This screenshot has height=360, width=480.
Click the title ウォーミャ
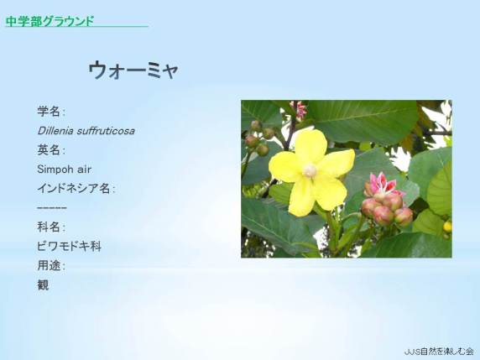pos(133,70)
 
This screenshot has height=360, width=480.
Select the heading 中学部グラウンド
pos(50,21)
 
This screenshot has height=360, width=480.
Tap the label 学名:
pos(51,111)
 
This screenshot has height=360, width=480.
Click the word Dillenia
pos(55,131)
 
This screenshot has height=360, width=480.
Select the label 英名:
pos(51,150)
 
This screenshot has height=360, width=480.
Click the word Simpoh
pos(55,170)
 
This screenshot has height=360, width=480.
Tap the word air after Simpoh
pos(84,170)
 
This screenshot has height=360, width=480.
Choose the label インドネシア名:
pos(76,189)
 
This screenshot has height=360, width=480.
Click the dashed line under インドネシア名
pos(52,208)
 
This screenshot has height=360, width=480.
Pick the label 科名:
pos(51,227)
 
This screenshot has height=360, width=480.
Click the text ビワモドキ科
pos(69,247)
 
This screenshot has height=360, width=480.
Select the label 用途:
pos(51,266)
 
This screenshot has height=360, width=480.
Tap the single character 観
pos(43,285)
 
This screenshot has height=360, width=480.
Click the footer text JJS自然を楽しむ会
pos(439,351)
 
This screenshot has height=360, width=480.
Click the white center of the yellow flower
pos(310,170)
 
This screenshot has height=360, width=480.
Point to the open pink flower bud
pos(382,183)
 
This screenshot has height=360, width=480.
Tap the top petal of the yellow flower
pos(310,146)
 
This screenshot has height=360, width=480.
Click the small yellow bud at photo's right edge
pos(447,227)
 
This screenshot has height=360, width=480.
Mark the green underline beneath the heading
pos(76,27)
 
